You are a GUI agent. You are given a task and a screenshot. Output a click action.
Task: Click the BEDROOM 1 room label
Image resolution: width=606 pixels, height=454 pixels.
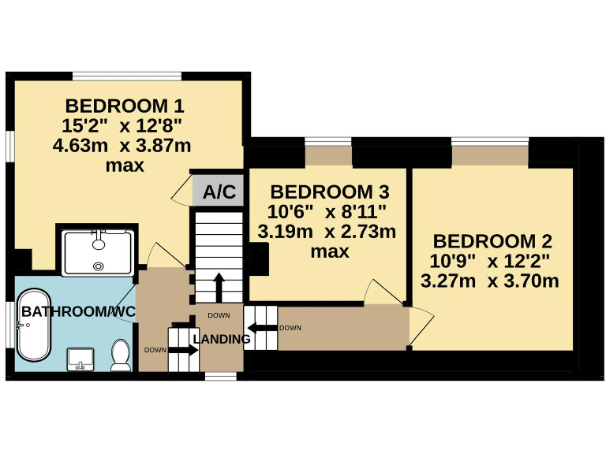tap(124, 105)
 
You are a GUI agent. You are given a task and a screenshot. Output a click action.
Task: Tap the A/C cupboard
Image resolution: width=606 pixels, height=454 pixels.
tap(219, 192)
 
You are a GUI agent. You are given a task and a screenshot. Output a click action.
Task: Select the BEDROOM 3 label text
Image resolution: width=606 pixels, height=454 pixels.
tap(329, 192)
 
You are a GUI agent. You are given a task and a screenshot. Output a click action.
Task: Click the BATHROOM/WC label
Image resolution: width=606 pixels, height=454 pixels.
tap(78, 312)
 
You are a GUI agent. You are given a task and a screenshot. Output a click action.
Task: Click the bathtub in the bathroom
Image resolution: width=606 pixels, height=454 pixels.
tap(35, 331)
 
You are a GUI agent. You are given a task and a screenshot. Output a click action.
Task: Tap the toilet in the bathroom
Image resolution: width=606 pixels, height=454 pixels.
tap(121, 355)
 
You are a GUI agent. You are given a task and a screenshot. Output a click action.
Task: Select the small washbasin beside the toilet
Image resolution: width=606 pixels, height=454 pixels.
tap(81, 359)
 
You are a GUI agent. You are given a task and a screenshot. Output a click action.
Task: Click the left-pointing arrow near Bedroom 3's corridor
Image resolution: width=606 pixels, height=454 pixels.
tap(260, 327)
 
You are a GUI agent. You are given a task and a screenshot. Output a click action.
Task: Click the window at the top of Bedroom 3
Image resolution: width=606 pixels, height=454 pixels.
tap(328, 142)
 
